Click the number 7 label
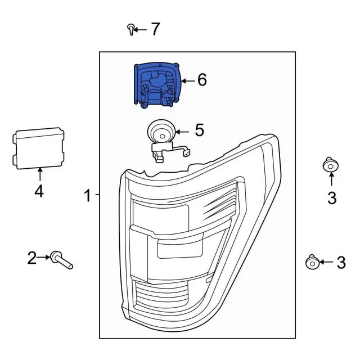(x=155, y=29)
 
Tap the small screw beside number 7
(x=131, y=29)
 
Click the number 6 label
(x=201, y=80)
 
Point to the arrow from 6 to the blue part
(x=187, y=80)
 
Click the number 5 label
(x=199, y=130)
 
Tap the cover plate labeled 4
(x=38, y=148)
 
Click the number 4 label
(x=38, y=192)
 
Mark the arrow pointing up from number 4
(x=39, y=175)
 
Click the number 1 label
(x=87, y=196)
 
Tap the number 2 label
(x=32, y=258)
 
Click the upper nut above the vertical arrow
(x=331, y=165)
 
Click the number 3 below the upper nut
(x=331, y=197)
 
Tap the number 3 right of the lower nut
(x=341, y=262)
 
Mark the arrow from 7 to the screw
(x=140, y=29)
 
